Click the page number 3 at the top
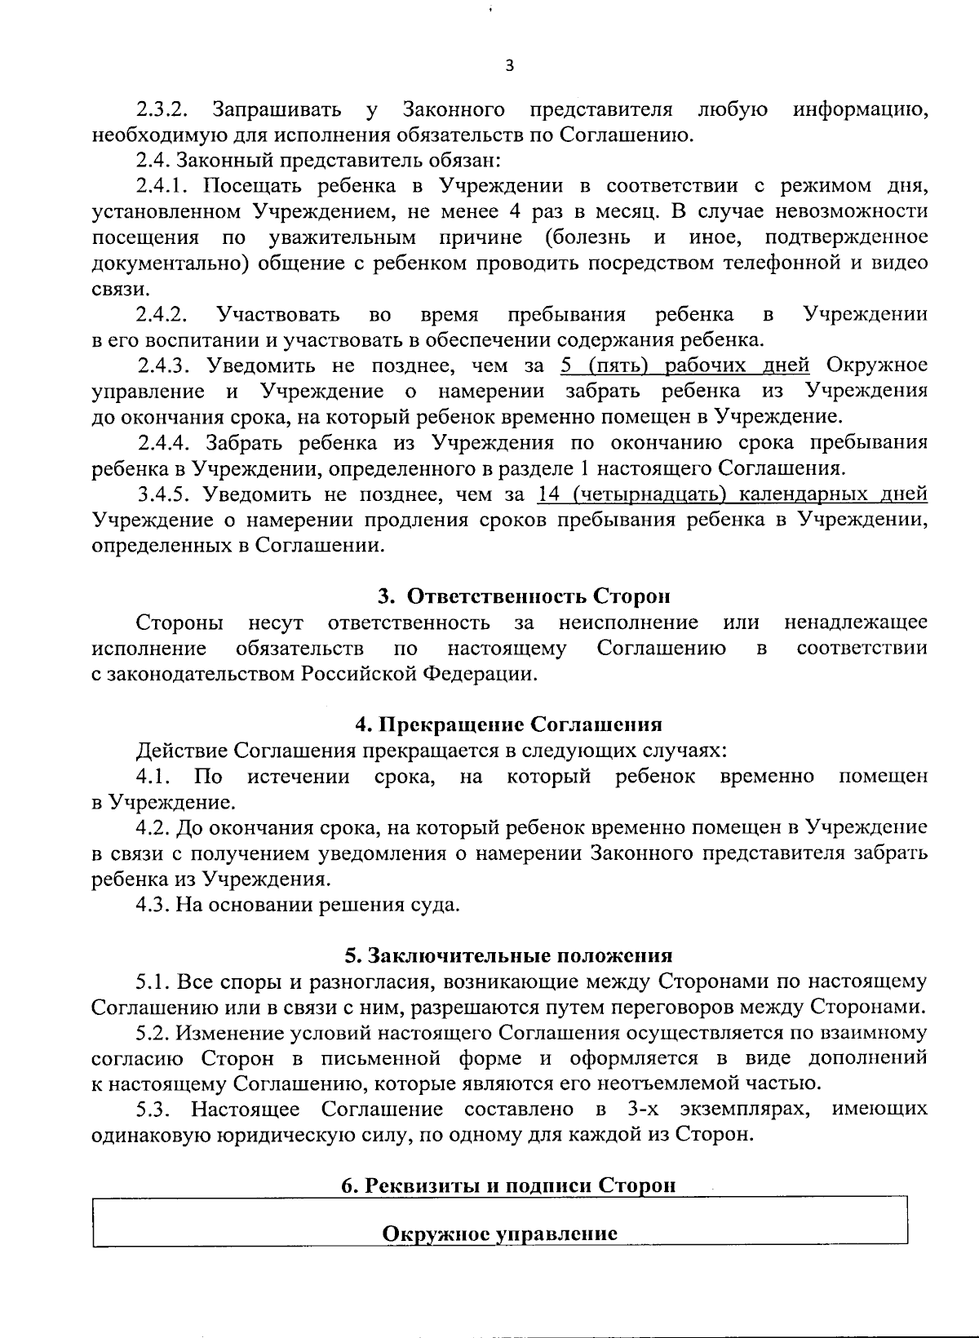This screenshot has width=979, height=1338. [x=509, y=67]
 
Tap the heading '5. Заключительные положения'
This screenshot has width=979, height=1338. [x=508, y=955]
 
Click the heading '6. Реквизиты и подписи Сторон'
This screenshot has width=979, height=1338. [x=508, y=1185]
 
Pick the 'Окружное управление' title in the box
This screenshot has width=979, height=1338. [x=499, y=1234]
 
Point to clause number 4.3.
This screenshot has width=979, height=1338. [x=153, y=905]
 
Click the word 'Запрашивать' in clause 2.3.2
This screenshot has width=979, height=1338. [x=270, y=110]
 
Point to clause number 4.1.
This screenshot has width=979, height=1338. [x=153, y=776]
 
